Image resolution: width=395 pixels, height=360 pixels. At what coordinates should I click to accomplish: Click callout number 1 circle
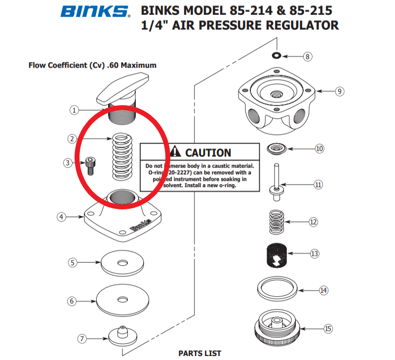pos(74,110)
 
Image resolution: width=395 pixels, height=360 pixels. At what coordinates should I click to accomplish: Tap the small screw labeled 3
pos(89,165)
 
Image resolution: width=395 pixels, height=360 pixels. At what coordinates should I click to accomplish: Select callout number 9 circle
pos(339,91)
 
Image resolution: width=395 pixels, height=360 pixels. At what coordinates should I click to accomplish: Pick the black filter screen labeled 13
pos(276,254)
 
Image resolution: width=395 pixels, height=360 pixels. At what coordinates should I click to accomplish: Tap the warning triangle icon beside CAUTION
pos(176,153)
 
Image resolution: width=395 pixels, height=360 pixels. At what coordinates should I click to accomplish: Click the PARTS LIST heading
pos(199,353)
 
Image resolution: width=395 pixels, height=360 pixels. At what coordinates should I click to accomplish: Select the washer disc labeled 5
pos(121,264)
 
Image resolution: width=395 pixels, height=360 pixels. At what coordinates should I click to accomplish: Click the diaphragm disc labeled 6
pos(121,299)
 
